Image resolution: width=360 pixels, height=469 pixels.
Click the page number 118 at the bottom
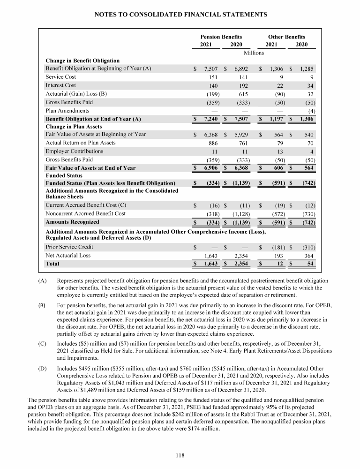tap(180, 453)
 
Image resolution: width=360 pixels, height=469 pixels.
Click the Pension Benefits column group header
tap(221, 37)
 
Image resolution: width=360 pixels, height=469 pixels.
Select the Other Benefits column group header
tap(286, 37)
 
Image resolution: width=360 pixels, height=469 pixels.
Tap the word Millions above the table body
tap(254, 53)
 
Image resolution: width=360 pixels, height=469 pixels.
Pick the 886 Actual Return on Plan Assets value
tap(210, 143)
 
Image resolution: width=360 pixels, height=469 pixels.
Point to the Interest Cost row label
tap(60, 85)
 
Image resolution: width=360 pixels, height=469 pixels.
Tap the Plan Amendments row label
tap(67, 110)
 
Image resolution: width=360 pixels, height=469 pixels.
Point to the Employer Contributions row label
tap(74, 151)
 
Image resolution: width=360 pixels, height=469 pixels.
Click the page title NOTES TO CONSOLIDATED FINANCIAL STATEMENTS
tap(180, 15)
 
